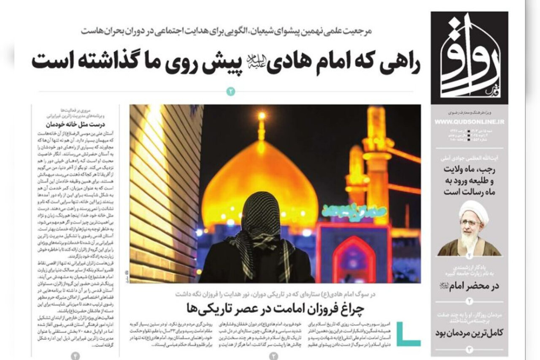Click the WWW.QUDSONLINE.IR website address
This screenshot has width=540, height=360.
(469, 122)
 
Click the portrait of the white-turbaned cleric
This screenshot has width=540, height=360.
(470, 228)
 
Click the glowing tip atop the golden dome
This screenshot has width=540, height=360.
(262, 116)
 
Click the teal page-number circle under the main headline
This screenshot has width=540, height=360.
(231, 91)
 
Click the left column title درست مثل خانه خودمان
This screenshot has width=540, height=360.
(76, 125)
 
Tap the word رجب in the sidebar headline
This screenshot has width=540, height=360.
(489, 170)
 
